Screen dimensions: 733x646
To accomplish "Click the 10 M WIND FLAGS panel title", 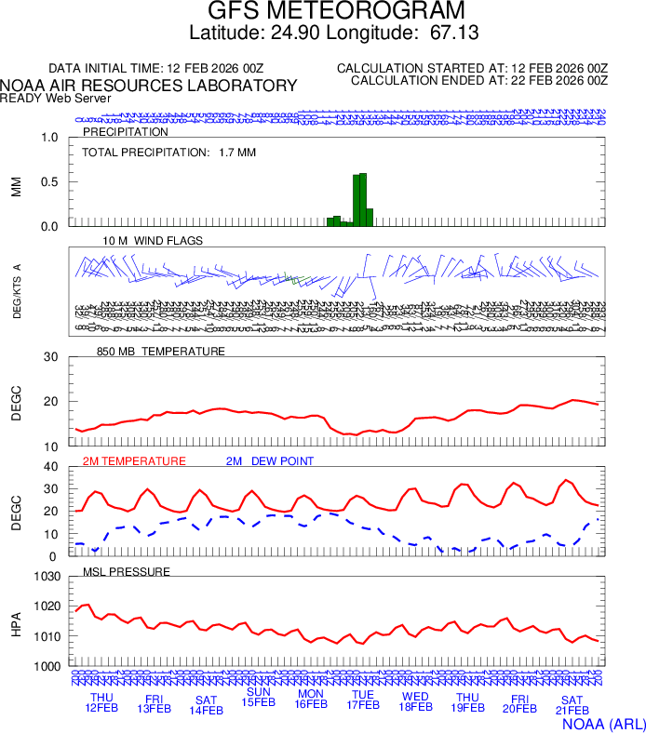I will [153, 241].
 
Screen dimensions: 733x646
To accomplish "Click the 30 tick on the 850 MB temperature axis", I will [51, 357].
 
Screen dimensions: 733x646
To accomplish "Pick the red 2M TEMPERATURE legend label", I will [134, 460].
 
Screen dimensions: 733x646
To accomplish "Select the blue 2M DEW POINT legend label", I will [270, 460].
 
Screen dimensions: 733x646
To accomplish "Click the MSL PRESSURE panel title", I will [127, 571].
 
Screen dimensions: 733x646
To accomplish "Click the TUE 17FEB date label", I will [362, 700].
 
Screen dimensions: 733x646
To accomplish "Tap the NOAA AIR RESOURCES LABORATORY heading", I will [149, 86].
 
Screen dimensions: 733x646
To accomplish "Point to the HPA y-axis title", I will [16, 622].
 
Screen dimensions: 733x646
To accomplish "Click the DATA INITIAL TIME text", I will [156, 69].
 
